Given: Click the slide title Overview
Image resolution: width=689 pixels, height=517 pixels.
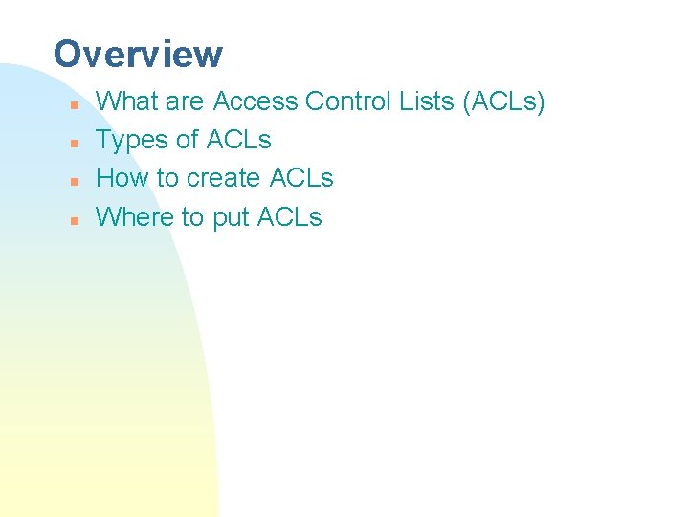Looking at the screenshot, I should (138, 54).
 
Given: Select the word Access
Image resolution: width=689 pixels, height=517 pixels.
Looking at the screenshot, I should (256, 101).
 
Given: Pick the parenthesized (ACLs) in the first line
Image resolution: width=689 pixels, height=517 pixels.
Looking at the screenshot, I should (503, 101).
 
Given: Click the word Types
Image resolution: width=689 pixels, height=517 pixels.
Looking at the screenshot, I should (132, 141).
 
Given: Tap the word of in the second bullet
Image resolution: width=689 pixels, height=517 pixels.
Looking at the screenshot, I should (187, 140).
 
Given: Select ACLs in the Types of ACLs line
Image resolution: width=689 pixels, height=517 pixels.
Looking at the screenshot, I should (238, 140).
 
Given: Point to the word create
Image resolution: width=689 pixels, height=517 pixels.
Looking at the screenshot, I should (225, 178).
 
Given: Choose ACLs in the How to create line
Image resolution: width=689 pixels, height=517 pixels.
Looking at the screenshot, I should (301, 178).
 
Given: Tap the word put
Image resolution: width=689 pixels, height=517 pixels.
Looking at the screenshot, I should (230, 218).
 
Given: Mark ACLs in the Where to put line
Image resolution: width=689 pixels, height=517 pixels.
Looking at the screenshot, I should (290, 217).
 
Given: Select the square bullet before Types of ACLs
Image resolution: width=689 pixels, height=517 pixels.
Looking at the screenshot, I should (73, 142).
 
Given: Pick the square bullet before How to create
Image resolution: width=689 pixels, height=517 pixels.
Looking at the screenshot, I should (73, 180).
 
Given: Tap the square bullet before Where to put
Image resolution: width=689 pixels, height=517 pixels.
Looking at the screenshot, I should (73, 219).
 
